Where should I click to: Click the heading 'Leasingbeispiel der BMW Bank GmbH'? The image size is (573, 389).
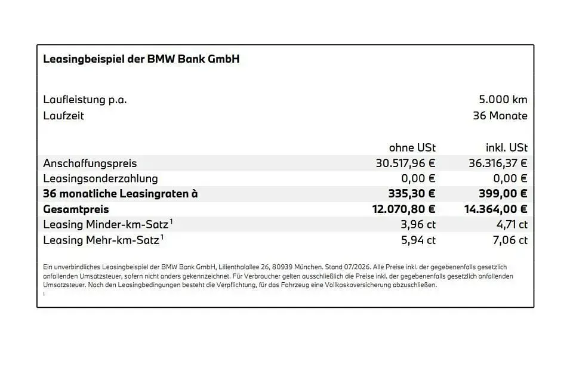pos(141,59)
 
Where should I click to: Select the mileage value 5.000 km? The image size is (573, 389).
pos(503,100)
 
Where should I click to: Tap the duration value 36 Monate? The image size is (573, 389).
pos(500,116)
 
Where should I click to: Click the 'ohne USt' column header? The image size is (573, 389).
pos(412,147)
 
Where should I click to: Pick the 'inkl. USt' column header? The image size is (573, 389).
pos(507,147)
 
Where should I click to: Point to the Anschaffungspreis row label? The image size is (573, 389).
pos(90,163)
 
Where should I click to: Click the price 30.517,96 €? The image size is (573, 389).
pos(406,163)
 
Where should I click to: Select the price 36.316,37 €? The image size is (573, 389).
pos(498,163)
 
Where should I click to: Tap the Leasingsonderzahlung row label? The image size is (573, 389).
pos(100,178)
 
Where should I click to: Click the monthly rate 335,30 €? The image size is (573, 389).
pos(412,193)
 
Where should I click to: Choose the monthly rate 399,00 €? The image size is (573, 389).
pos(503,193)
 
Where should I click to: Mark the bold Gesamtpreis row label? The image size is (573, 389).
pos(76,209)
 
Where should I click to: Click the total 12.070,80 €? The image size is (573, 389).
pos(404,209)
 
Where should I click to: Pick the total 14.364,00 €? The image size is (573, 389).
pos(496,209)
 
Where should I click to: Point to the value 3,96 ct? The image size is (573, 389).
pos(418,225)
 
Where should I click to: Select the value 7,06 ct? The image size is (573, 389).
pos(510,240)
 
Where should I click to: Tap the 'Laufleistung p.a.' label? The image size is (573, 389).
pos(85,100)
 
